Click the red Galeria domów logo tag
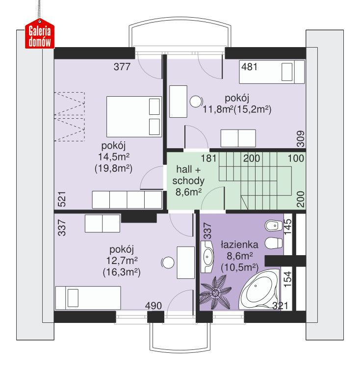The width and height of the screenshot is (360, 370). (x=40, y=34)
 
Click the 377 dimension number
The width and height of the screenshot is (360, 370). (x=122, y=67)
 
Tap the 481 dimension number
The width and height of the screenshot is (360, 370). (x=249, y=67)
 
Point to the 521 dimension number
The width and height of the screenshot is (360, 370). (x=62, y=199)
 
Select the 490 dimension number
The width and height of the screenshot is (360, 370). (x=154, y=306)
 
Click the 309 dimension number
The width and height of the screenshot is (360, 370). (x=300, y=139)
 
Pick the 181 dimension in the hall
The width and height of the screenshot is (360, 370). (x=208, y=159)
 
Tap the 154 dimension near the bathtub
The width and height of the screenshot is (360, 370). (x=287, y=279)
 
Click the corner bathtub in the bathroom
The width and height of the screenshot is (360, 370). (x=259, y=289)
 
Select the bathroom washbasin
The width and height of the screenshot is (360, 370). (x=207, y=257)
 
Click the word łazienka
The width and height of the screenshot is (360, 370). (x=239, y=245)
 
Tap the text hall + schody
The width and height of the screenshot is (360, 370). (x=188, y=175)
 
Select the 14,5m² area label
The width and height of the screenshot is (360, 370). (x=114, y=157)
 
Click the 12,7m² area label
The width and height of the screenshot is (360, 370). (x=122, y=261)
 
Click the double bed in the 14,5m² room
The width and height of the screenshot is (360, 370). (x=134, y=117)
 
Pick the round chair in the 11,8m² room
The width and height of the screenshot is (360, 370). (x=196, y=102)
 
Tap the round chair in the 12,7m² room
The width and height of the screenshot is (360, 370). (x=168, y=263)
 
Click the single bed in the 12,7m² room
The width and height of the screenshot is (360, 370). (x=88, y=298)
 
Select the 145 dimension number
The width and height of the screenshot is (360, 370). (x=287, y=227)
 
